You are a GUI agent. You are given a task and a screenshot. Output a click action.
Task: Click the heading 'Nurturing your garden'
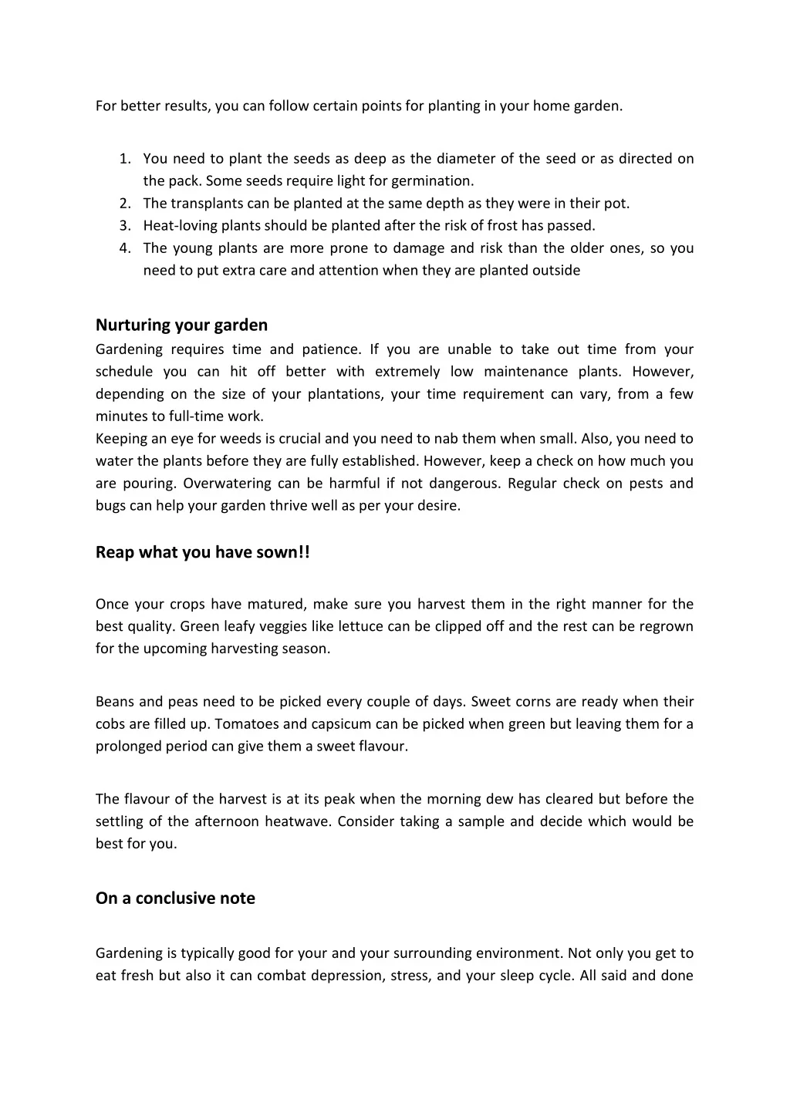181,325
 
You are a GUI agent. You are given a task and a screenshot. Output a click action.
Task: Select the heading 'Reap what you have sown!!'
202,552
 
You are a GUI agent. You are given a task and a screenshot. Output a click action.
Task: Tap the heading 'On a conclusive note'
175,898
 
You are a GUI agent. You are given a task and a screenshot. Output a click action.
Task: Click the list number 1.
124,159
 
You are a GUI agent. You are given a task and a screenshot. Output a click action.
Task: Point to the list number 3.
124,226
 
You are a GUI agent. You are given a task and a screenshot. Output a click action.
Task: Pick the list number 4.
124,248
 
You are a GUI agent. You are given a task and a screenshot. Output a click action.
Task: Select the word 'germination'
432,181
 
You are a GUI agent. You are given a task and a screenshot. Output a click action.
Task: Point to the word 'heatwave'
297,821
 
